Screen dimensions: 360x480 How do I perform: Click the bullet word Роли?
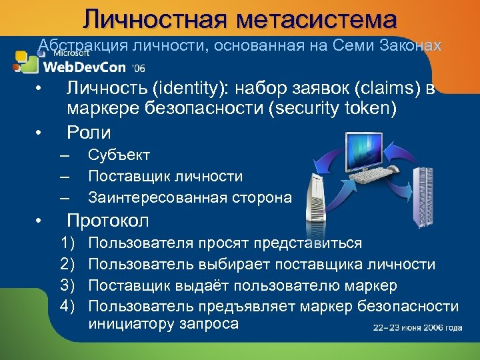click(x=88, y=131)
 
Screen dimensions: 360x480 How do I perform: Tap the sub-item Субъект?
click(x=119, y=155)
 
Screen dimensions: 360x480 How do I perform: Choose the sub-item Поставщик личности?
click(x=165, y=176)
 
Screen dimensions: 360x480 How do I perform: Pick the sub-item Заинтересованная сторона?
click(x=190, y=197)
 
